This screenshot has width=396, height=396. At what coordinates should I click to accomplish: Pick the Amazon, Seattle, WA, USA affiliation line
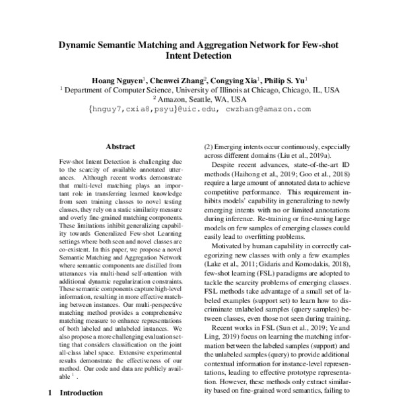point(198,99)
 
